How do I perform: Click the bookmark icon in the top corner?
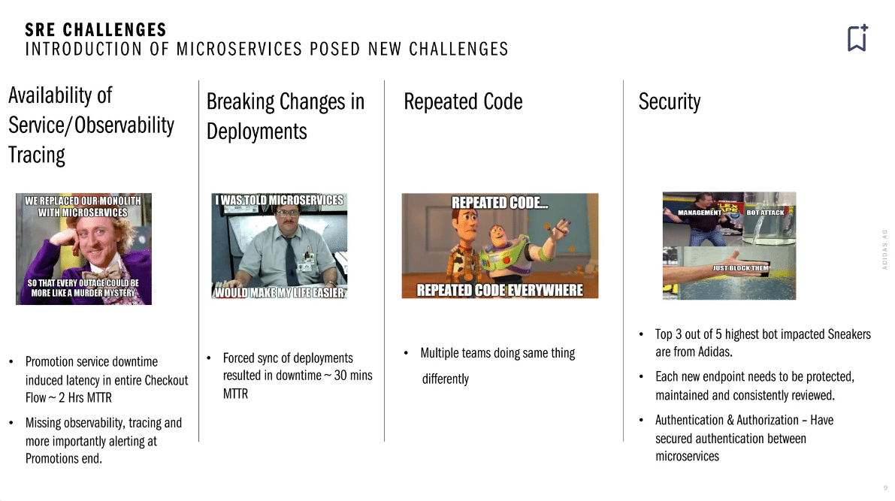pyautogui.click(x=857, y=38)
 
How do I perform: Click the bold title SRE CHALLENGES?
pyautogui.click(x=95, y=30)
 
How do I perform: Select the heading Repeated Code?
pyautogui.click(x=463, y=101)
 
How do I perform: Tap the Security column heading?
pyautogui.click(x=669, y=102)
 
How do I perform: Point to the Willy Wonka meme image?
pyautogui.click(x=83, y=249)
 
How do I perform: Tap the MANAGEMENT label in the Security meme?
pyautogui.click(x=699, y=213)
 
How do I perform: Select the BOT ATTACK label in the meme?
pyautogui.click(x=766, y=213)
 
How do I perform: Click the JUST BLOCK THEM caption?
pyautogui.click(x=740, y=268)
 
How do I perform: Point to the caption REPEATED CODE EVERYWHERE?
pyautogui.click(x=500, y=291)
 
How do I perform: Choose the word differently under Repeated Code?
pyautogui.click(x=445, y=379)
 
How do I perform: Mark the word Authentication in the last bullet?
pyautogui.click(x=690, y=420)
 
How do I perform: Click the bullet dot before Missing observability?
pyautogui.click(x=11, y=423)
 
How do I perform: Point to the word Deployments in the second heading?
pyautogui.click(x=257, y=131)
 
